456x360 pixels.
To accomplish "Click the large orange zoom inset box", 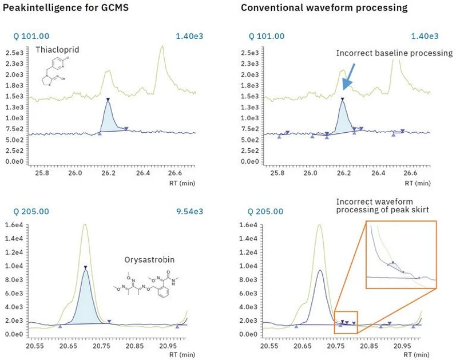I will coord(401,255).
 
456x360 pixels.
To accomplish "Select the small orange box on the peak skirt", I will coord(346,322).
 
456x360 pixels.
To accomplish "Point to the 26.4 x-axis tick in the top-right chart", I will coord(377,172).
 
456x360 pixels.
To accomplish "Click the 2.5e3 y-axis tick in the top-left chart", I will coord(13,53).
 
